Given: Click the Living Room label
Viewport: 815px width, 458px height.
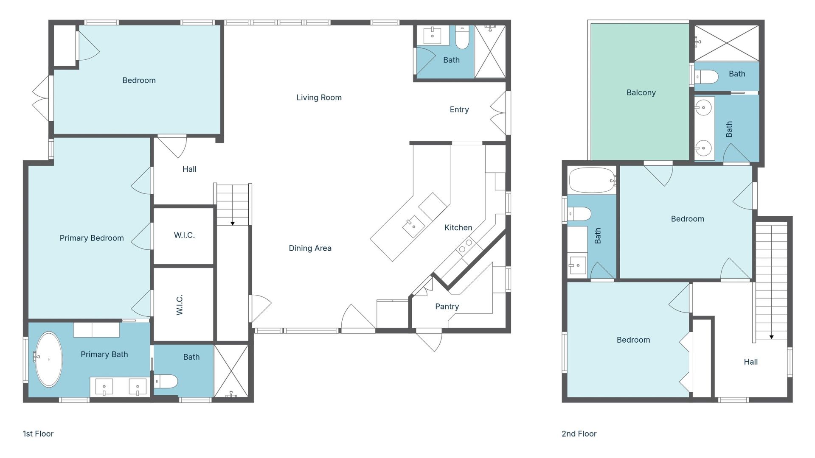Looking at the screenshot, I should pyautogui.click(x=319, y=98).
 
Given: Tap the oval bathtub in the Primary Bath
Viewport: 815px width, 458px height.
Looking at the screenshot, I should pyautogui.click(x=49, y=359).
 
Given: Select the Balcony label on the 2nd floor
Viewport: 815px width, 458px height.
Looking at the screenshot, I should pyautogui.click(x=641, y=92).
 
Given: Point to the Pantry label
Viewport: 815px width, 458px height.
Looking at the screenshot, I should pyautogui.click(x=447, y=306).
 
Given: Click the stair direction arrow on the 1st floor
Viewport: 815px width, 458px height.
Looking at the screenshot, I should pyautogui.click(x=233, y=223).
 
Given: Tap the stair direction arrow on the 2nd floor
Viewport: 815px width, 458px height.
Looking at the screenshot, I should pyautogui.click(x=771, y=337).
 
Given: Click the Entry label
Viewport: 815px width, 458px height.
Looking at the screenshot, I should pyautogui.click(x=459, y=109).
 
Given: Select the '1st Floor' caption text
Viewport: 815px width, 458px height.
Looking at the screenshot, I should pyautogui.click(x=38, y=433).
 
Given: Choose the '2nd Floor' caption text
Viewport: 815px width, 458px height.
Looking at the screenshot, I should pyautogui.click(x=579, y=433).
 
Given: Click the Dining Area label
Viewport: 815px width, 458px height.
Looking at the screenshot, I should pyautogui.click(x=310, y=248).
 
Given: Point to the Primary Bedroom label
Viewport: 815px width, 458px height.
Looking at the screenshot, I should pyautogui.click(x=92, y=238).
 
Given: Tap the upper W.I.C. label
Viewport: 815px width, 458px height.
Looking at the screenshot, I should pyautogui.click(x=184, y=235).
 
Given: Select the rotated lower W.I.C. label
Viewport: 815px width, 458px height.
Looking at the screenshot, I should pyautogui.click(x=180, y=304).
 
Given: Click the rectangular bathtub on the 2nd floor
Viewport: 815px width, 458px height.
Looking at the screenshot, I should pyautogui.click(x=592, y=180).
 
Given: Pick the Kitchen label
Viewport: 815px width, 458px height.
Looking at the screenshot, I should pyautogui.click(x=458, y=228).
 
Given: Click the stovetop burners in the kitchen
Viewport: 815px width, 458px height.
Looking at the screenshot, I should pyautogui.click(x=466, y=246).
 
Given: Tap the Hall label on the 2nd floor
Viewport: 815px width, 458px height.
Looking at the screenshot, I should pyautogui.click(x=750, y=362).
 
